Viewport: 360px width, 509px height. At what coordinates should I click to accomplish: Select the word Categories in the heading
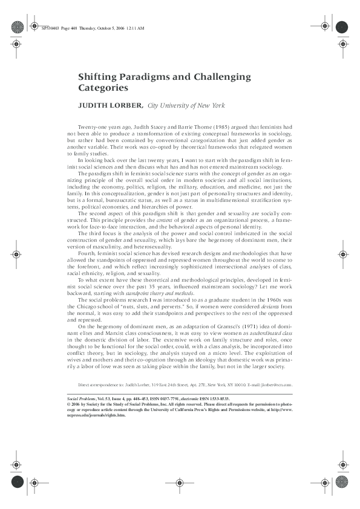pos(103,88)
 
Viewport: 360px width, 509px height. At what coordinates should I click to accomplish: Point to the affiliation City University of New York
pos(186,106)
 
